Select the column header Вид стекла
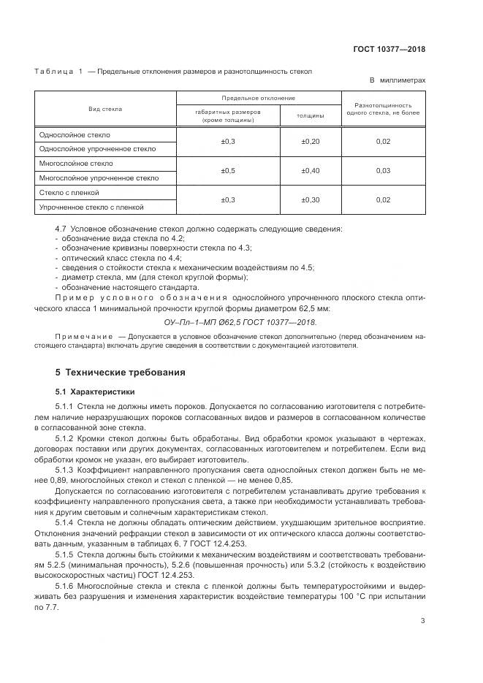pyautogui.click(x=105, y=109)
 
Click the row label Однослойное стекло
pyautogui.click(x=71, y=134)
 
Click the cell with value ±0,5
pyautogui.click(x=227, y=170)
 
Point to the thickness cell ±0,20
pyautogui.click(x=311, y=141)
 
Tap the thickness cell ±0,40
pyautogui.click(x=311, y=170)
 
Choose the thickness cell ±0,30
pyautogui.click(x=311, y=199)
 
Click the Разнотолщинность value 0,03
pyautogui.click(x=383, y=170)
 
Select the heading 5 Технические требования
pyautogui.click(x=121, y=373)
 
